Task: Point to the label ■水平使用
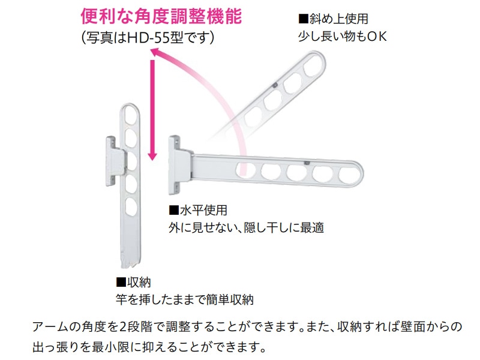point(197,211)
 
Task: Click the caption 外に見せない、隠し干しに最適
point(246,229)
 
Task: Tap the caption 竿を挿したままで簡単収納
point(188,298)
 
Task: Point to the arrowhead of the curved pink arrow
point(158,55)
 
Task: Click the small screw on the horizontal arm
point(307,163)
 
